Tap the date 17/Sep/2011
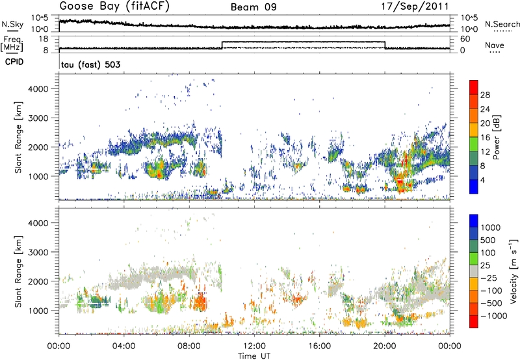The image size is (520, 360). [x=421, y=7]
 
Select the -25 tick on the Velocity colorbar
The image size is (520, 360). [x=489, y=278]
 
